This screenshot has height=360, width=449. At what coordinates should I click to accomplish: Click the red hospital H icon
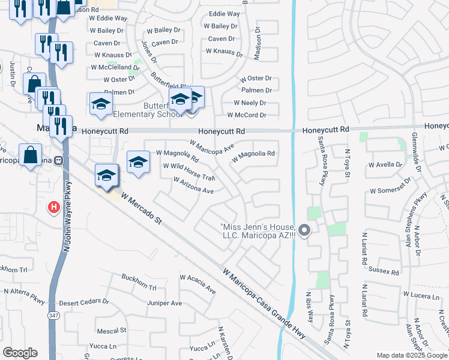tap(54, 208)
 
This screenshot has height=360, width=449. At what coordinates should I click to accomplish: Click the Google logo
tap(20, 353)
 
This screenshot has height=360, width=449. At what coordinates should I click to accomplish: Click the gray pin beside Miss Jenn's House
tap(304, 230)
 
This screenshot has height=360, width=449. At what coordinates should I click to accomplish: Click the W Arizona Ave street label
tap(193, 185)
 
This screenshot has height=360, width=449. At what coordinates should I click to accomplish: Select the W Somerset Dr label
tap(390, 190)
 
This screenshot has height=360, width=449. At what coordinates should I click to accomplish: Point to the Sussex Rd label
tap(384, 271)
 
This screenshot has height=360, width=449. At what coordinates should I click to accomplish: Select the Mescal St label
tap(111, 330)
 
